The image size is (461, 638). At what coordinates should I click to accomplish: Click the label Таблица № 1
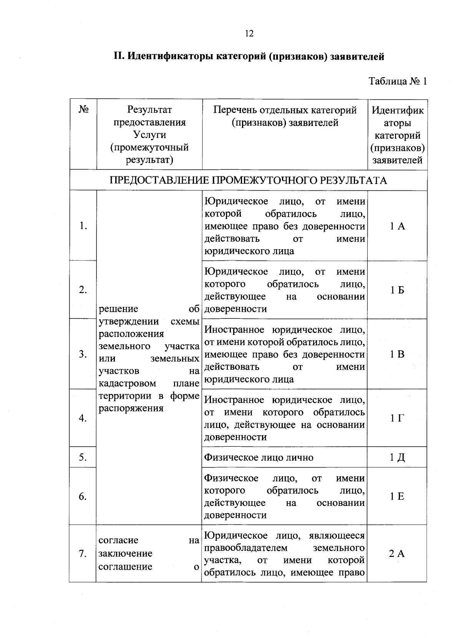click(398, 81)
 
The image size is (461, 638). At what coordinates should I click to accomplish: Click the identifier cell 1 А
click(397, 226)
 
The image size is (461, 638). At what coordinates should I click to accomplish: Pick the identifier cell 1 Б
click(397, 290)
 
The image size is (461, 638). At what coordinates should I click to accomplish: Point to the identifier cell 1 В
click(397, 354)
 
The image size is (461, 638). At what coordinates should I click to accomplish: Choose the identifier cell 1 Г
click(397, 418)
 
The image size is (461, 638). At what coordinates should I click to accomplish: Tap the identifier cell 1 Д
click(397, 457)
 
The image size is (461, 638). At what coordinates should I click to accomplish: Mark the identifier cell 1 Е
click(397, 497)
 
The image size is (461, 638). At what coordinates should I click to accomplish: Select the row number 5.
click(83, 457)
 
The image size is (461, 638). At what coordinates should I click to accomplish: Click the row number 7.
click(83, 554)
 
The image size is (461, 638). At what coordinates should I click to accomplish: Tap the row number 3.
click(83, 354)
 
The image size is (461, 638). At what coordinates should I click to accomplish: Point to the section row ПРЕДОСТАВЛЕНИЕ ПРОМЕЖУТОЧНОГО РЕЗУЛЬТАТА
click(248, 181)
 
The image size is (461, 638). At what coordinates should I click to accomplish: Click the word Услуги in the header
click(149, 135)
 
